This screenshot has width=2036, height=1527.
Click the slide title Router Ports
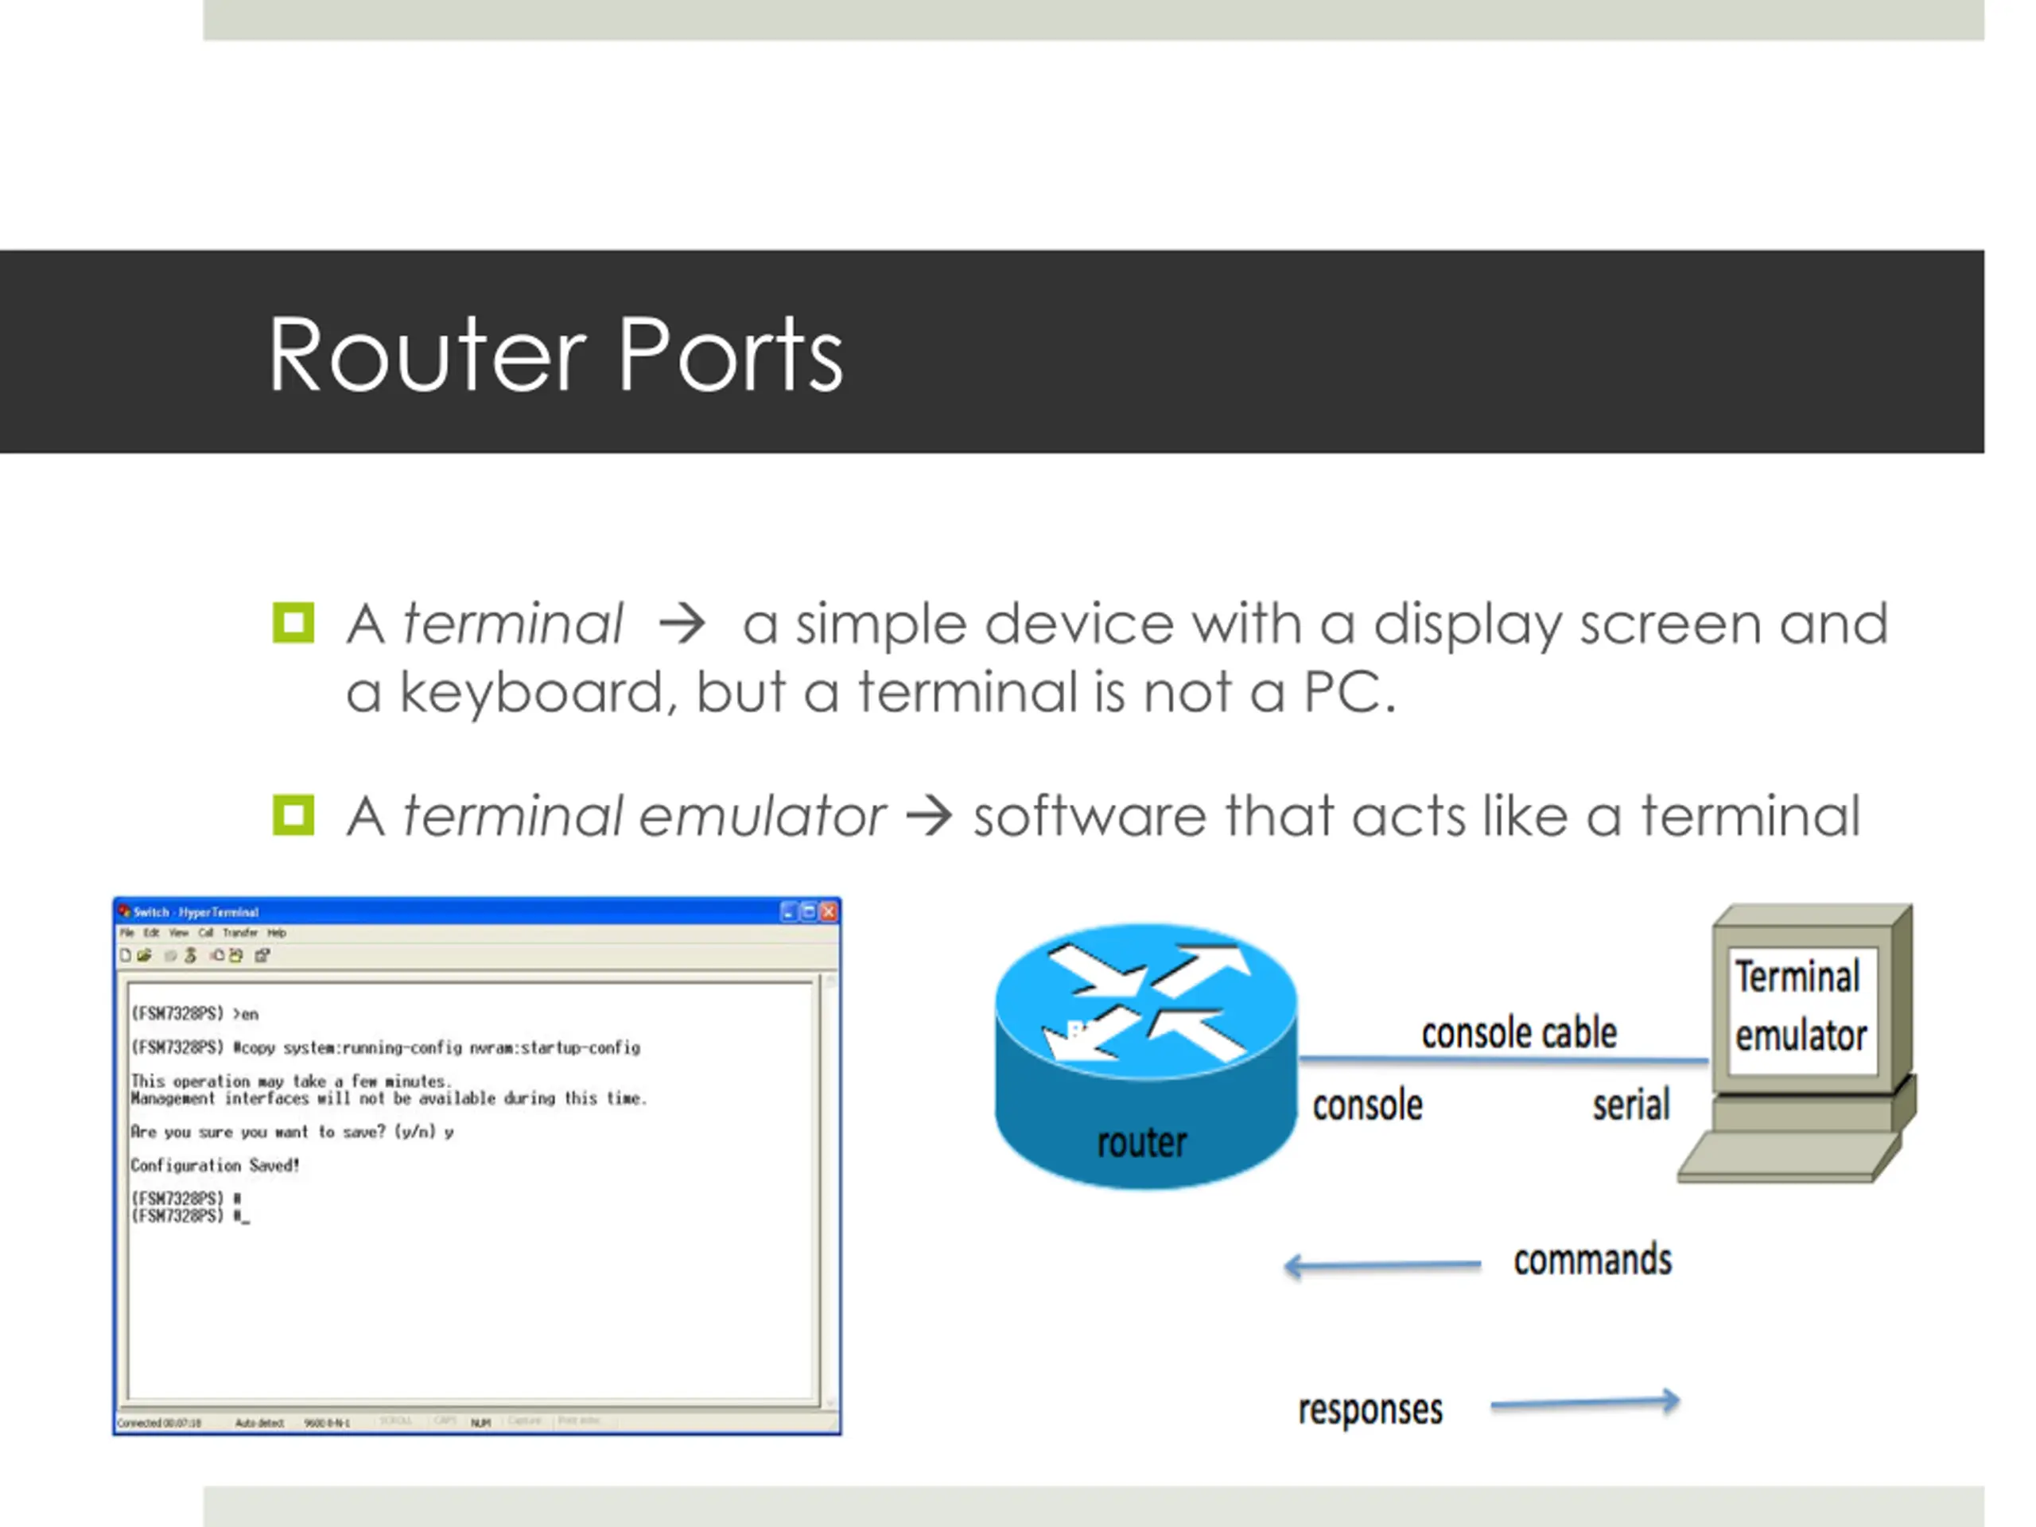point(555,355)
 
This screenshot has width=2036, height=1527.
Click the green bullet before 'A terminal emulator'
point(293,815)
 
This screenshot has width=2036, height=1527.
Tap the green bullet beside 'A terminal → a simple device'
point(293,624)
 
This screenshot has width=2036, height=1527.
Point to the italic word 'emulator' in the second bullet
point(762,817)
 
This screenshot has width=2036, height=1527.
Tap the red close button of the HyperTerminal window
point(829,911)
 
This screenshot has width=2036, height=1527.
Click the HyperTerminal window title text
point(196,912)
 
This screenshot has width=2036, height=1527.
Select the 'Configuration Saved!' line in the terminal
point(216,1165)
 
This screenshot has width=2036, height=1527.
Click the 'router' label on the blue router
point(1141,1142)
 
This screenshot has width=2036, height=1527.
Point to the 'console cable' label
point(1519,1033)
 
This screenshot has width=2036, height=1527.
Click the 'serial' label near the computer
point(1631,1105)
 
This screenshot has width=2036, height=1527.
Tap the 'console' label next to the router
point(1367,1105)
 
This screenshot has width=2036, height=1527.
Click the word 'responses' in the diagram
point(1370,1409)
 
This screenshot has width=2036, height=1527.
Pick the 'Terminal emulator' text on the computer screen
point(1800,1006)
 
